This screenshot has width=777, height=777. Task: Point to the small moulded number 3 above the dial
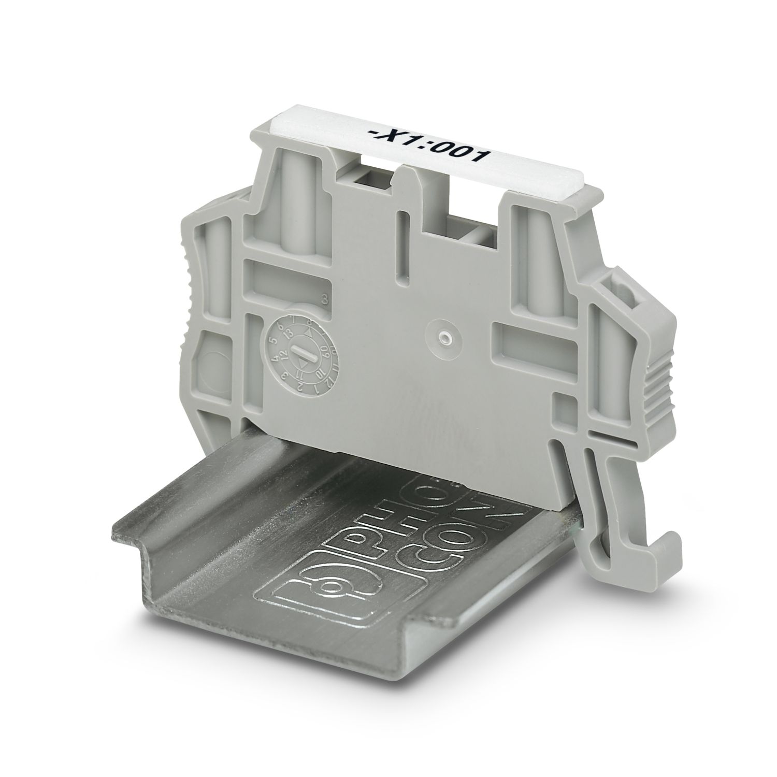[325, 298]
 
